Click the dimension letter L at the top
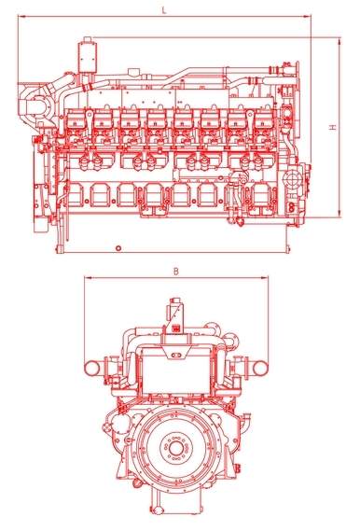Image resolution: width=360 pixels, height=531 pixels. pos(164,10)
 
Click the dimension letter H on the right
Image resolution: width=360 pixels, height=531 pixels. pos(333,127)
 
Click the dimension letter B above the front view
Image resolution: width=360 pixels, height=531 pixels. pos(176,272)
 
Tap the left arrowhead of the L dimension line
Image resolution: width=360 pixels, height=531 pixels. pos(21,16)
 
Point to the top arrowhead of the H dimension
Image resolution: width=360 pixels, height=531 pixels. pos(339,41)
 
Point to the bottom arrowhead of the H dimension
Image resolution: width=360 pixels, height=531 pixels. pos(339,214)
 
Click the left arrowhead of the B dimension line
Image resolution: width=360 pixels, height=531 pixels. pos(88,278)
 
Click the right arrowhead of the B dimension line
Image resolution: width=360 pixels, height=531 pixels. pos(264,278)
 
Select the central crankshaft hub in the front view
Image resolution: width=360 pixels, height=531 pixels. pos(175,449)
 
